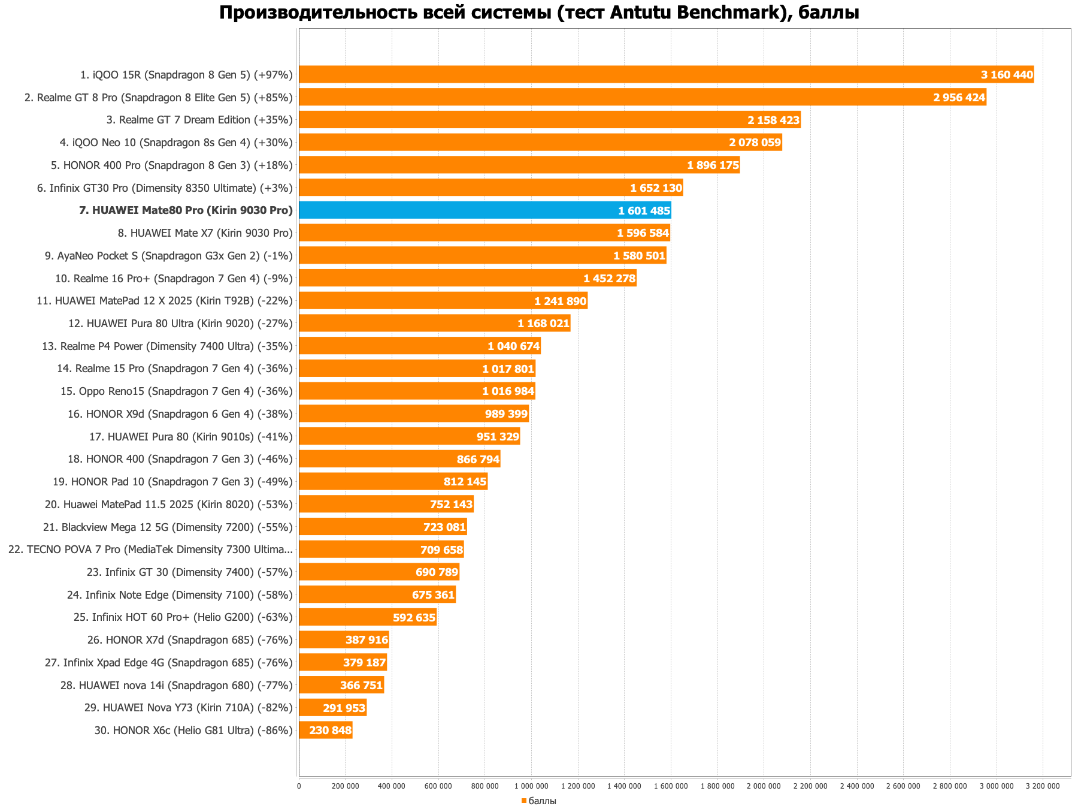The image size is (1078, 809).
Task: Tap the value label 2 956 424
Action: (x=959, y=98)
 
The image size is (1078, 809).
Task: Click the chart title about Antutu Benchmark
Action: (x=539, y=13)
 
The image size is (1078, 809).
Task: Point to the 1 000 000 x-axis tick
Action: (x=531, y=786)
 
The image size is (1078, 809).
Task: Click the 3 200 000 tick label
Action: (x=1043, y=786)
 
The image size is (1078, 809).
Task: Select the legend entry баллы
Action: (x=539, y=801)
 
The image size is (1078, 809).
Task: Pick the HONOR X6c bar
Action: (x=325, y=730)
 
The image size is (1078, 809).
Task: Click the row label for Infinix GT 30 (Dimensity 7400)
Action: (x=189, y=572)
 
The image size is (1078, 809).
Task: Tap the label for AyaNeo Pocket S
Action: (x=168, y=256)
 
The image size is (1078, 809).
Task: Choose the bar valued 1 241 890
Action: (x=443, y=301)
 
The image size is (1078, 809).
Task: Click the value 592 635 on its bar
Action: (x=414, y=617)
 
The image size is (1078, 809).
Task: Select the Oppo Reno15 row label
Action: (x=176, y=391)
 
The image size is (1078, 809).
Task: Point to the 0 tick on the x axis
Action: (x=299, y=786)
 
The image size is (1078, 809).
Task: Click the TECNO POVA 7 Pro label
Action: (x=150, y=550)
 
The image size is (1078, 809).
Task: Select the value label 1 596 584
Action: (x=643, y=233)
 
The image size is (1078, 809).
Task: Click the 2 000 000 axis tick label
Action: (x=764, y=786)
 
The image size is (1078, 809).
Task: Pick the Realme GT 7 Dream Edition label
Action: (x=199, y=120)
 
